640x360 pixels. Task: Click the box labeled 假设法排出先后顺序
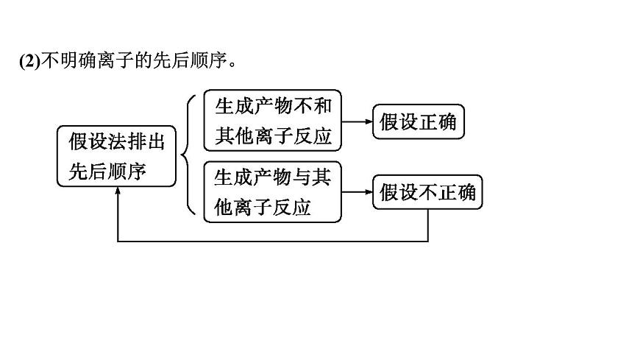[x=117, y=155]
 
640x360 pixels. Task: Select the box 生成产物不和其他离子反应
[x=272, y=121]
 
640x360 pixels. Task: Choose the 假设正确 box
[x=419, y=121]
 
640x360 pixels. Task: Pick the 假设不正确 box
[x=428, y=192]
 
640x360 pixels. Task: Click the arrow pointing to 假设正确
[x=358, y=121]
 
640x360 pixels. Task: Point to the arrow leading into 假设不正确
[x=358, y=192]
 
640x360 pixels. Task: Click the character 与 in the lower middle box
[x=302, y=177]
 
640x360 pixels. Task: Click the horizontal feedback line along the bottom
[x=272, y=241]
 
